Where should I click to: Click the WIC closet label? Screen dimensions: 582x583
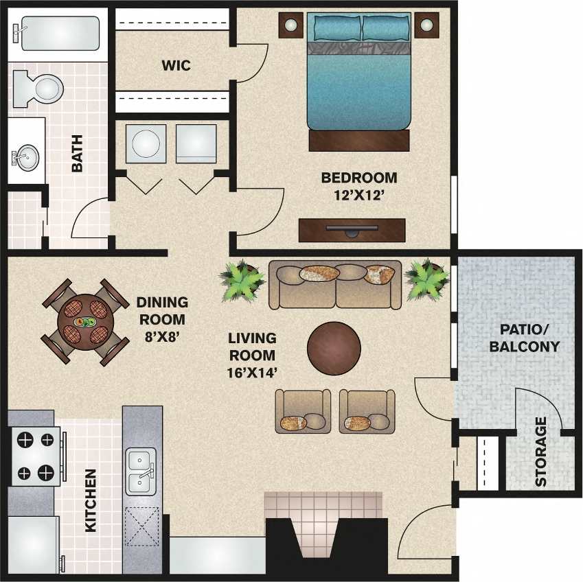[x=176, y=67]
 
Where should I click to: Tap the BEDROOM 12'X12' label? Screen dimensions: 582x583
[x=358, y=185]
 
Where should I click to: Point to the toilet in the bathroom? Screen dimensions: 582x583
[x=40, y=88]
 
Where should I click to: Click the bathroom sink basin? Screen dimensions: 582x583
[x=27, y=158]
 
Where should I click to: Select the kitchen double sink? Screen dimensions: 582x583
[x=141, y=472]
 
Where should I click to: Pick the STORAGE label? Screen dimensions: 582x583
[x=540, y=452]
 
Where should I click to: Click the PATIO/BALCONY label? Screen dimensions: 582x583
[x=524, y=338]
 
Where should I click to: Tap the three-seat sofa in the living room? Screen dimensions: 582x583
[x=335, y=283]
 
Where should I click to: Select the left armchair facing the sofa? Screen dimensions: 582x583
[x=302, y=412]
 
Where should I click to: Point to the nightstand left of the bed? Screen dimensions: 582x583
[x=291, y=26]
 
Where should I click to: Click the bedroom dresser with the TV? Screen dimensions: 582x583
[x=352, y=230]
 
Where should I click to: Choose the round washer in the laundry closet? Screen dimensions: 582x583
[x=145, y=143]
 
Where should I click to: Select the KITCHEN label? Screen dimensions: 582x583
[x=90, y=500]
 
